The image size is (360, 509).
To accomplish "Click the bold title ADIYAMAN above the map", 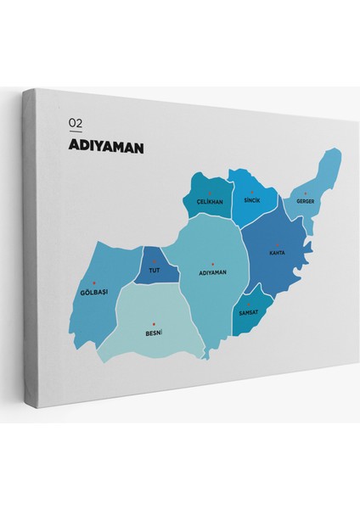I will pos(105,147).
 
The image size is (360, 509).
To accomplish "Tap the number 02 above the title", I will pos(76,124).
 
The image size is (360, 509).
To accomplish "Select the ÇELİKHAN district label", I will pos(209,202).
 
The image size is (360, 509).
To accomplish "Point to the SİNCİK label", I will pos(250,200).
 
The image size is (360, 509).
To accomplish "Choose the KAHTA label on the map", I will pos(277,253).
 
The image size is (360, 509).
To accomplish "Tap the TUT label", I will pos(154,271).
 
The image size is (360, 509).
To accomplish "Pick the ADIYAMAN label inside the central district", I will pos(212,272).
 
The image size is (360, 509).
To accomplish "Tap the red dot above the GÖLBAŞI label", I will pos(94,282).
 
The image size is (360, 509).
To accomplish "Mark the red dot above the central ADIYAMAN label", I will pos(212,263).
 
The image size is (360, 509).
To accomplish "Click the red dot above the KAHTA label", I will pos(277,243).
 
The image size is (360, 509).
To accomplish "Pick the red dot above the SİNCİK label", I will pos(251,192).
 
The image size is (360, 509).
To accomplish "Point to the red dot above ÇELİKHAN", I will pos(210,193).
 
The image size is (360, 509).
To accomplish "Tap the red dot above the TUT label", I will pos(155,262).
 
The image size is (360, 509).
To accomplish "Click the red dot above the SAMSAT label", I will pos(248,304).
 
